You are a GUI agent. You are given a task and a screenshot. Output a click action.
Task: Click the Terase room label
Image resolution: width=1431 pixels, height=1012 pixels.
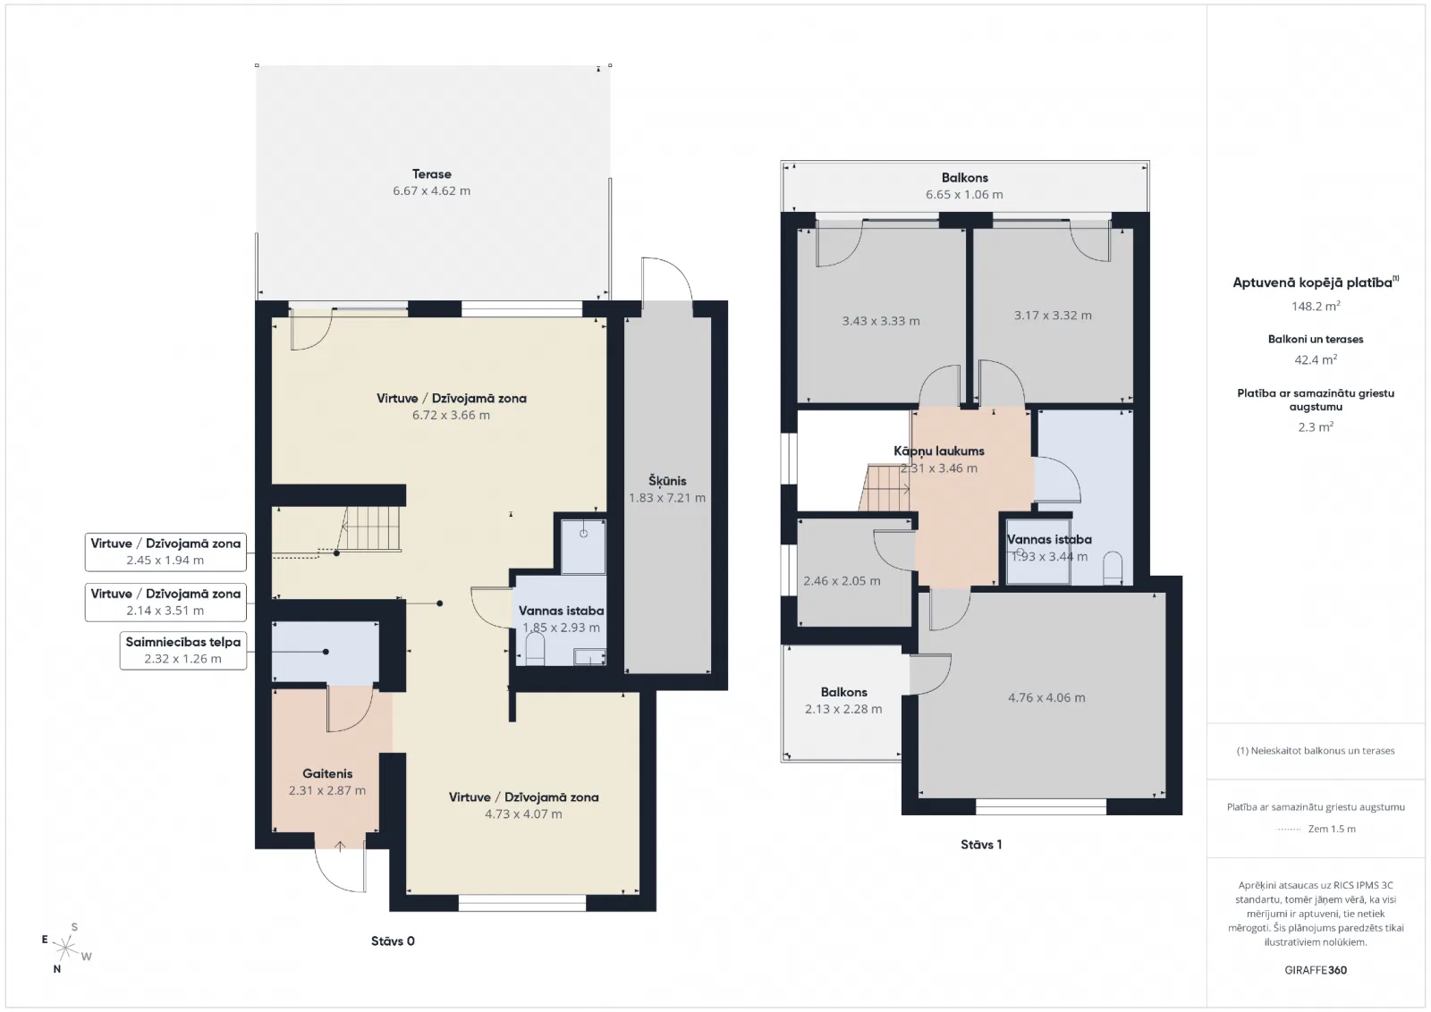pos(432,174)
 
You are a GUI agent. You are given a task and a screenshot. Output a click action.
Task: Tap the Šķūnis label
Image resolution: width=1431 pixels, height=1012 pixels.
pos(667,481)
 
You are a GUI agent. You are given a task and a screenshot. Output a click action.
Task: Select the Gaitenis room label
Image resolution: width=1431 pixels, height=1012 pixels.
pos(327,774)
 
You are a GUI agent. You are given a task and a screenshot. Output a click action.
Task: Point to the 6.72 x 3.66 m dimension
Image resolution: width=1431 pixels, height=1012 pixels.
pos(451,415)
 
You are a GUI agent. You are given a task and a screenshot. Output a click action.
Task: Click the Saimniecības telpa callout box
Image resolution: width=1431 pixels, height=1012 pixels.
pos(183,651)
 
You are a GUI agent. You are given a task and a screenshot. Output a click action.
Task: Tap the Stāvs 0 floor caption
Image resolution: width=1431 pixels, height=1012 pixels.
pos(393,941)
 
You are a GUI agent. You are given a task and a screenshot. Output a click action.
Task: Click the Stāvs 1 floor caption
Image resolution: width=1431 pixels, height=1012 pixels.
pos(981,845)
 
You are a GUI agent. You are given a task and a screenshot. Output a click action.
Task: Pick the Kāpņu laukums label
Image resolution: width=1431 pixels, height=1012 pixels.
pos(938,451)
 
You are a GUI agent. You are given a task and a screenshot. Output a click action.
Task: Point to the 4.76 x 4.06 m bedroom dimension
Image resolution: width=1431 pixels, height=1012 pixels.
pos(1046,698)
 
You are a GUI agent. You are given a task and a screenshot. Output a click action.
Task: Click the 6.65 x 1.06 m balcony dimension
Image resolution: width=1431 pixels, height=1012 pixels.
pos(964,195)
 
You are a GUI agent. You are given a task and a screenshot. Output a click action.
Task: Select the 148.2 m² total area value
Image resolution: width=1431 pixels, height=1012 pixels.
pos(1316,306)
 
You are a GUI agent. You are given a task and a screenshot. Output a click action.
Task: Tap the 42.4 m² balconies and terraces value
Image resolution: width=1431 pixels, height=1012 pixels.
pos(1316,359)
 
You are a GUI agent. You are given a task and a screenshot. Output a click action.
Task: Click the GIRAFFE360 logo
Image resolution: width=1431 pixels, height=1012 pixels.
pos(1316,970)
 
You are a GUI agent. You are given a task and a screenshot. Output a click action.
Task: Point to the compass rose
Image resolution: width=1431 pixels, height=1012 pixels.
pos(65,949)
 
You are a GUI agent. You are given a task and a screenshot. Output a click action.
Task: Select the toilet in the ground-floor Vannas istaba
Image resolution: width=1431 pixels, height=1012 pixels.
pos(535,654)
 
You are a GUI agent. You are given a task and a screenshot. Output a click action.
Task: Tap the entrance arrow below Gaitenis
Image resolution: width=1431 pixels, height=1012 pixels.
pos(341,846)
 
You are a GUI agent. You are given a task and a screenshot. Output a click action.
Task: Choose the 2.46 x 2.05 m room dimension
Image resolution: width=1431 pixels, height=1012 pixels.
pos(842,581)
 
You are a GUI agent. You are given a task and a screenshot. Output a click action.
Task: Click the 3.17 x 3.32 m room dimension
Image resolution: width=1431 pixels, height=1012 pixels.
pos(1053,316)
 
